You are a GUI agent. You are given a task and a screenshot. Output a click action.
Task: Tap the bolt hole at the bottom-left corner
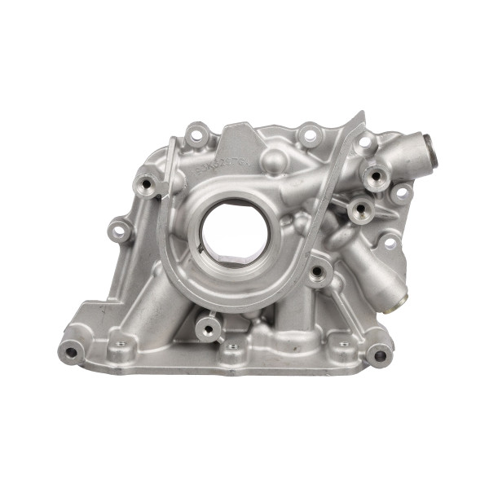click(72, 353)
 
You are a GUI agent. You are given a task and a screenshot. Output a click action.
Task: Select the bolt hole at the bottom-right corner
click(379, 355)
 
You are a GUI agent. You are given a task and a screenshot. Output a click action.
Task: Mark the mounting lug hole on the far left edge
click(121, 232)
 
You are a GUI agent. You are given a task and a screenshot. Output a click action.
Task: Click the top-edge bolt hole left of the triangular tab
click(195, 134)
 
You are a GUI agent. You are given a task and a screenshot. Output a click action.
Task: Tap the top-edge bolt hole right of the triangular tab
click(310, 134)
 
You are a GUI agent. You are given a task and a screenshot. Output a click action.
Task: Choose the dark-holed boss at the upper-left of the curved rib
click(148, 183)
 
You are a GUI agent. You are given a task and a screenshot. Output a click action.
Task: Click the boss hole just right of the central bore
click(315, 270)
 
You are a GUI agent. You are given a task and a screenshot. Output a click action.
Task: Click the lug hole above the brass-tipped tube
click(390, 242)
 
